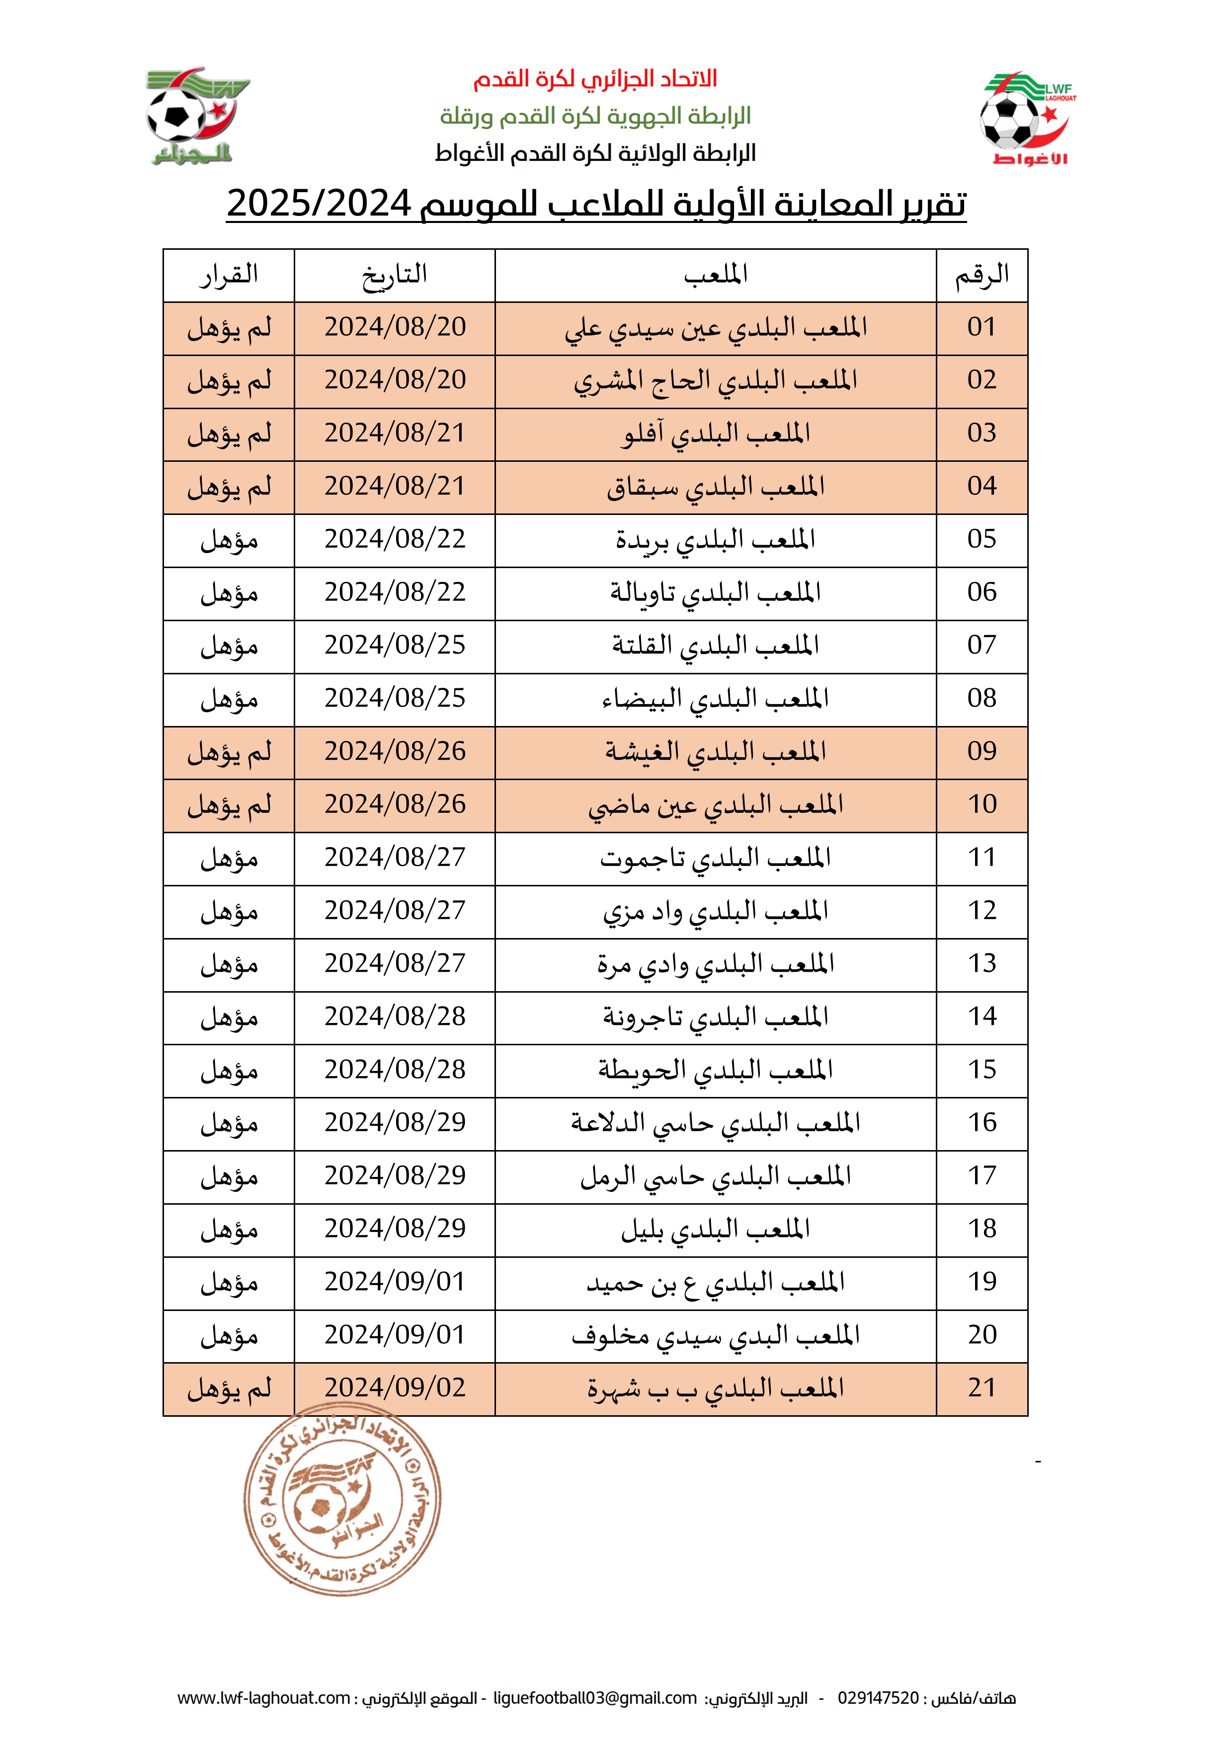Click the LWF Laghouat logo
point(1026,119)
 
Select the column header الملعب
point(715,275)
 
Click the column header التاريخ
point(394,275)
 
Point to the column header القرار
point(229,275)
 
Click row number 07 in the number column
point(982,646)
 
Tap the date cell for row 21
point(395,1387)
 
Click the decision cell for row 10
point(229,805)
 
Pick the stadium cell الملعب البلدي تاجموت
point(715,858)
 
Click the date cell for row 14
point(395,1016)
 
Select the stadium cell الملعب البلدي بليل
point(715,1229)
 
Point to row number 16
point(982,1123)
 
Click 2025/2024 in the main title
point(319,203)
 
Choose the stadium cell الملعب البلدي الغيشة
point(715,752)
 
